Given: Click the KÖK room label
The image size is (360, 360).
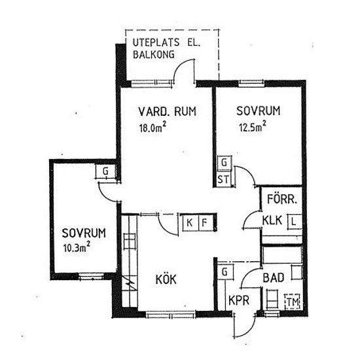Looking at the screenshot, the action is point(166,279).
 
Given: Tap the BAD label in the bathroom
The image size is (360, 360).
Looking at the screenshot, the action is point(274,278).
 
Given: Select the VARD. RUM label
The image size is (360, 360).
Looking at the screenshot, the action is point(168,111).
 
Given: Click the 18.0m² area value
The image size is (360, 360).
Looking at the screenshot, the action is point(153,127).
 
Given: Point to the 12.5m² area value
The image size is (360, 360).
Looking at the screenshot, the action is point(252,126).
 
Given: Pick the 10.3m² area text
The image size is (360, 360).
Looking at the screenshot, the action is point(77,247).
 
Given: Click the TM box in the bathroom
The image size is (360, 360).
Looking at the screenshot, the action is point(293,302).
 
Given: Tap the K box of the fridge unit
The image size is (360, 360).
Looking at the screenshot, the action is point(189,223).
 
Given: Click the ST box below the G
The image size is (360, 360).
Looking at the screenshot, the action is point(223,179).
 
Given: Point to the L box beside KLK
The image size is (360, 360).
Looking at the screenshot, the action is point(295,221).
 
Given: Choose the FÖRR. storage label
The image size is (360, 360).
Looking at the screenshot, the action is point(282,199).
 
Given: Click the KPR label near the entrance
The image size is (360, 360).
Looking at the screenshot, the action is point(239,300).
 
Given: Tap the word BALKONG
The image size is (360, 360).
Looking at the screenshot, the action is point(154,54).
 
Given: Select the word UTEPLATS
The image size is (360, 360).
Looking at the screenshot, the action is point(156,43).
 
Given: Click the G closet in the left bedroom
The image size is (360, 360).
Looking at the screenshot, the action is point(105,171).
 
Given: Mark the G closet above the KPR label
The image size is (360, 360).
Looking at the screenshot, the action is point(225,272).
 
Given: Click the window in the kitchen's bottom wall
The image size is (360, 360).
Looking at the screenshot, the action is point(171,314).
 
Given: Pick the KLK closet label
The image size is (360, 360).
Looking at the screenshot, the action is point(272,220).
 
